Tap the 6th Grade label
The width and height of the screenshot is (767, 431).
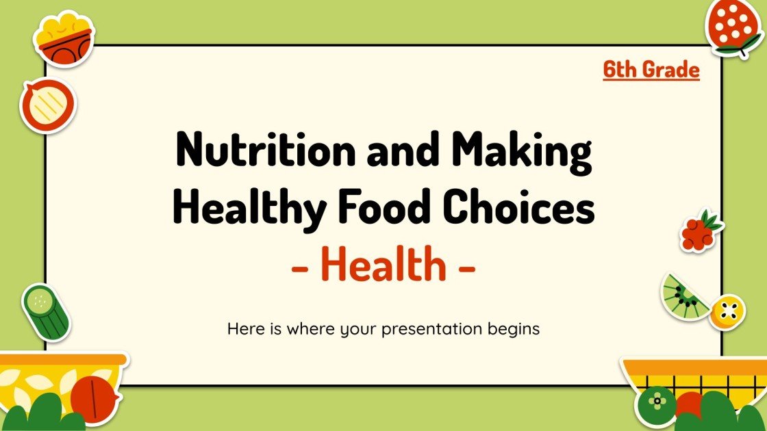click(651, 70)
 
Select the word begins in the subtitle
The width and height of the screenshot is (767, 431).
click(515, 329)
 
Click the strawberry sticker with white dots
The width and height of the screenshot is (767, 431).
click(733, 27)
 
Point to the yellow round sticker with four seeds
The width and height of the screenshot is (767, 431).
click(728, 312)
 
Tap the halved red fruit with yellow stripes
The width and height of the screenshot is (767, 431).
click(47, 106)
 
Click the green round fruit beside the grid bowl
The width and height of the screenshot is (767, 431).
click(656, 404)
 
